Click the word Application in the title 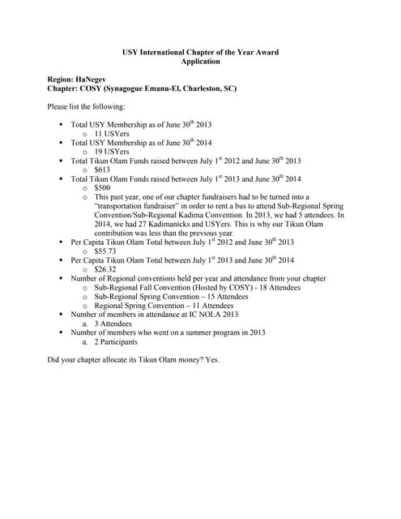point(200,61)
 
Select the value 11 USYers point(112,133)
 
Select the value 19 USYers point(112,151)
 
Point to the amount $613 point(102,169)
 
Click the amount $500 point(103,187)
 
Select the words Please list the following point(87,106)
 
